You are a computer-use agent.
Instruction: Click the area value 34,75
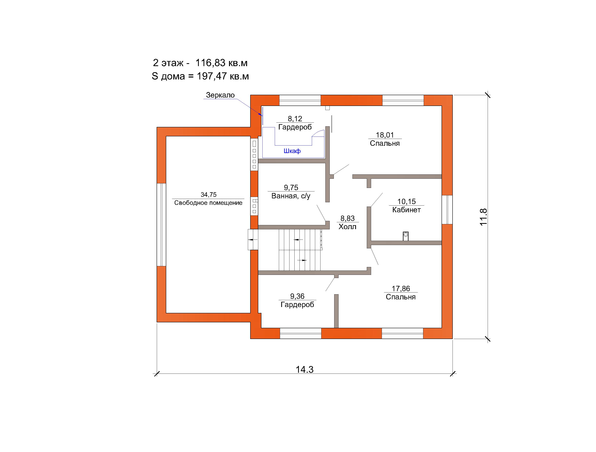tap(209, 194)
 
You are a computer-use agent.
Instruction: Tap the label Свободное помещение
tap(208, 203)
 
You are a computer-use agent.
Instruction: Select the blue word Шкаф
tap(292, 151)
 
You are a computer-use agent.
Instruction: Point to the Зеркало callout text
tap(220, 95)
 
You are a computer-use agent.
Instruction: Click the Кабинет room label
tap(406, 210)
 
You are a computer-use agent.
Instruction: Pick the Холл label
tap(347, 227)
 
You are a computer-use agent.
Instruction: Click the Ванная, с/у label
tap(291, 196)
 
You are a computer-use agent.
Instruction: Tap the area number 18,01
tap(385, 135)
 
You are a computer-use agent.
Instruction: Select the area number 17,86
tap(401, 289)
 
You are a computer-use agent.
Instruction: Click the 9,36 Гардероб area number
tap(297, 296)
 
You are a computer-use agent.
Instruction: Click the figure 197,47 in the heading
tap(212, 76)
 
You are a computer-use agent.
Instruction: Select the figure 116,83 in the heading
tap(210, 63)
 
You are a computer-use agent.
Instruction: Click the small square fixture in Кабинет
tap(405, 236)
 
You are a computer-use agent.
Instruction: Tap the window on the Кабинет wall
tap(447, 210)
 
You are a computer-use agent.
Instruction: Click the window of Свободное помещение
tap(161, 225)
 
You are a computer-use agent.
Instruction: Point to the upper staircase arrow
tap(298, 240)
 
